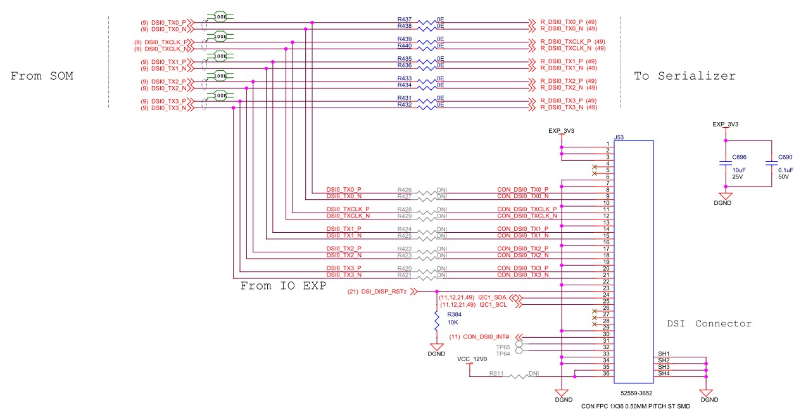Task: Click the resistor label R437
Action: click(405, 20)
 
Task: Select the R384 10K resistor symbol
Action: click(437, 321)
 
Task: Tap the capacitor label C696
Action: click(740, 157)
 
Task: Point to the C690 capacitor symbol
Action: click(772, 164)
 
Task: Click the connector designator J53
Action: click(619, 137)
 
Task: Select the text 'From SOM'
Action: click(42, 76)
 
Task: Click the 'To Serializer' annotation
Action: click(685, 76)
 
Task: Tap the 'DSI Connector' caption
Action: click(709, 323)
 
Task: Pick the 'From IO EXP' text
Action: click(283, 285)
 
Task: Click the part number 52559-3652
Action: click(636, 393)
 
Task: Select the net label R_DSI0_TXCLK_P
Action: click(565, 42)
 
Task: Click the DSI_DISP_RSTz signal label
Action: click(384, 292)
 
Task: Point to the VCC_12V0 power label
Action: click(472, 359)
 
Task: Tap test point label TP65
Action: click(503, 347)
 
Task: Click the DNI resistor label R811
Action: click(496, 374)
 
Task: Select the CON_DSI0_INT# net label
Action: click(486, 337)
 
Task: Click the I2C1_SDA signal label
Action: click(493, 297)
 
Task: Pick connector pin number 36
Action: click(606, 374)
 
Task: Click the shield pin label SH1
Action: click(664, 354)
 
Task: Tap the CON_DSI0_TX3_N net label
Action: click(523, 275)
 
